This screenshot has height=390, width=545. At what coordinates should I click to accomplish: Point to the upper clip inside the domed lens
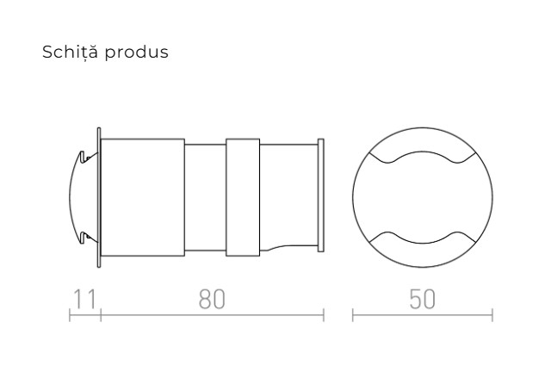83,158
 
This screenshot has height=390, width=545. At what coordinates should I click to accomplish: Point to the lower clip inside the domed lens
83,237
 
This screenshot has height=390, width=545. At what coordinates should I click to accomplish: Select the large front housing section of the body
143,197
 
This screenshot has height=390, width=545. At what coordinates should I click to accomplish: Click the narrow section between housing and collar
205,197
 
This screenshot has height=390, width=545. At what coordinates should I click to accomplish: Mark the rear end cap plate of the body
321,197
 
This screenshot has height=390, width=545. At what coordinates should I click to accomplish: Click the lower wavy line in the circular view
423,235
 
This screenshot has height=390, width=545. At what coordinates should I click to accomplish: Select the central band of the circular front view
423,197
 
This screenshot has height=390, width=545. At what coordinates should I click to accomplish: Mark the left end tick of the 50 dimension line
353,317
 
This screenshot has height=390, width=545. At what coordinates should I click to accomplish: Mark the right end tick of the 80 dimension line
323,317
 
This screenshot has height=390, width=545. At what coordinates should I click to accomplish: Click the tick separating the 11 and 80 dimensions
101,317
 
